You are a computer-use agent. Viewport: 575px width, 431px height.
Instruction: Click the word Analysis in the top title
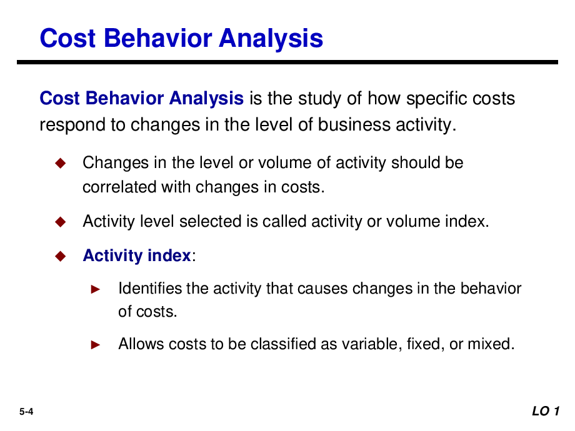pos(271,39)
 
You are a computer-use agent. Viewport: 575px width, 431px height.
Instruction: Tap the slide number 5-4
pos(26,412)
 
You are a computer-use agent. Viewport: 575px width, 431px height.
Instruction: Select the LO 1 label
pos(546,411)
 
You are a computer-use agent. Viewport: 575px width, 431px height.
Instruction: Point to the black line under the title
pos(287,62)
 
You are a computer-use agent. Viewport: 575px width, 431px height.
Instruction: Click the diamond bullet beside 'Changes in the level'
pos(60,163)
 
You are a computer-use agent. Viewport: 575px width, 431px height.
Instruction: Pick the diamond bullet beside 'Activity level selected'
pos(60,221)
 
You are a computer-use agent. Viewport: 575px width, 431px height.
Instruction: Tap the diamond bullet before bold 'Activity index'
pos(60,255)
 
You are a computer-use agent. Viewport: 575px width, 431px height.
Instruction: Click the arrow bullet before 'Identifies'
pos(96,289)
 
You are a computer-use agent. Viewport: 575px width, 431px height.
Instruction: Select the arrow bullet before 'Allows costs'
pos(96,345)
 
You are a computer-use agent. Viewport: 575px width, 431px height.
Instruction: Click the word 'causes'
pos(322,289)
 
